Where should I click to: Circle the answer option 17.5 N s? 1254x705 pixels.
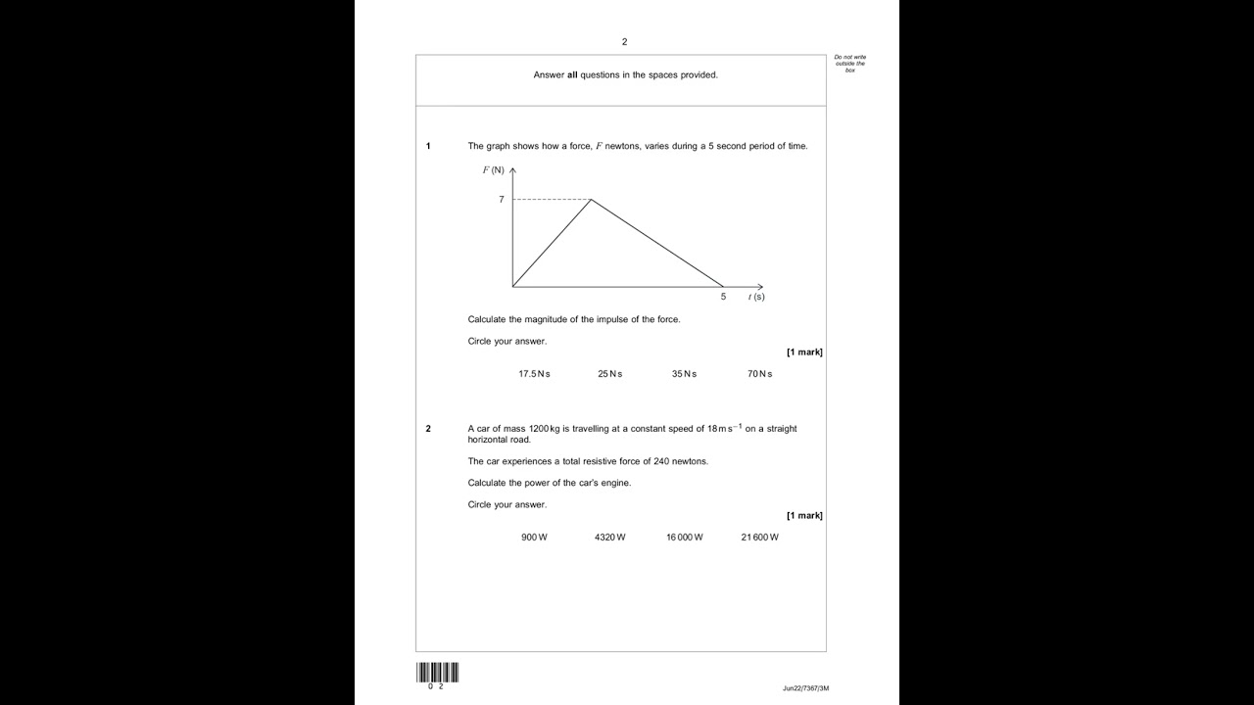(534, 374)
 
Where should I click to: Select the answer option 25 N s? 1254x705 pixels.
(609, 374)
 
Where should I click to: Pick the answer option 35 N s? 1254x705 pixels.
(684, 374)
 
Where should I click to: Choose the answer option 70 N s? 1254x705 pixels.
(759, 374)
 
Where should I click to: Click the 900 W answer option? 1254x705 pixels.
(534, 538)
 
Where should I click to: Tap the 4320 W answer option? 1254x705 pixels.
(609, 538)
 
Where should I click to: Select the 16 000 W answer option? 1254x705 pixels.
(684, 538)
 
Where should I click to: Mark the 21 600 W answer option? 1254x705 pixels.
(759, 538)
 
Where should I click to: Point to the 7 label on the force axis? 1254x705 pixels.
(502, 200)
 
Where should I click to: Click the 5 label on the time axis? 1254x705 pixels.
(723, 297)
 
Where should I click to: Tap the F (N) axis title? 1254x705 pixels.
(493, 170)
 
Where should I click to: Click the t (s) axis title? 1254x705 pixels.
(756, 297)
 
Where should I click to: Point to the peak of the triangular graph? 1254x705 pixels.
(591, 200)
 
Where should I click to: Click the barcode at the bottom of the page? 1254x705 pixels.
(437, 673)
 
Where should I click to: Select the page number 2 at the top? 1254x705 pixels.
(624, 42)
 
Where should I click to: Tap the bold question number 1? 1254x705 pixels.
(428, 147)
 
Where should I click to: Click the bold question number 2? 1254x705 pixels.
(428, 429)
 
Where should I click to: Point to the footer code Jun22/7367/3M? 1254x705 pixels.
(805, 688)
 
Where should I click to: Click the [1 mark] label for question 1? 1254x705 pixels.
(804, 352)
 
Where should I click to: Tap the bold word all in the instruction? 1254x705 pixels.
(572, 75)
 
